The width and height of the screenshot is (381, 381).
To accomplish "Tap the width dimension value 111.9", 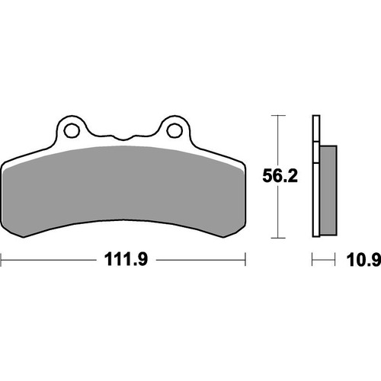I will pos(124,261).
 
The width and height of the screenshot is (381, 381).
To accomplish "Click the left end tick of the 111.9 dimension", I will pos(2,261).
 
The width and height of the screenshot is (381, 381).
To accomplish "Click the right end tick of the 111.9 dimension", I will pos(246,261).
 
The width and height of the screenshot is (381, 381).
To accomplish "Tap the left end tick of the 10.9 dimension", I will pos(312,261).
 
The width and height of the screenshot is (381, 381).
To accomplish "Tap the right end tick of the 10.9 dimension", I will pos(335,261).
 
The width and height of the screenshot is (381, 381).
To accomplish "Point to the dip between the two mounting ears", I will pos(123,137).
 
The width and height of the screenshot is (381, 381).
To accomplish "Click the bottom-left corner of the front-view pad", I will pos(8,232).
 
